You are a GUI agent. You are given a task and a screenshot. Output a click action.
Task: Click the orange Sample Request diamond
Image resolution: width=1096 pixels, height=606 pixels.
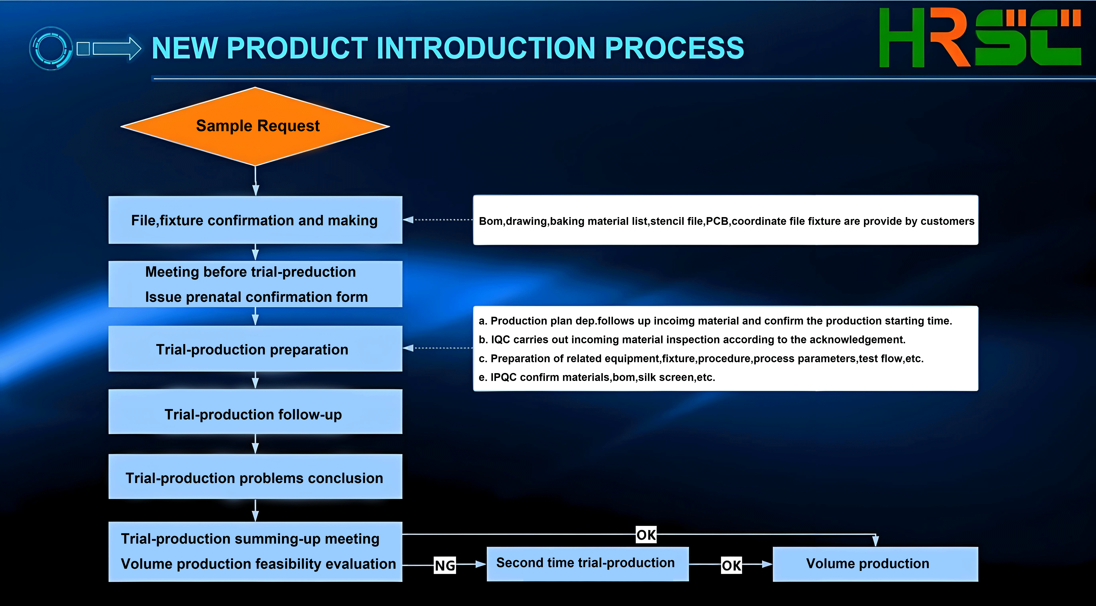pyautogui.click(x=255, y=126)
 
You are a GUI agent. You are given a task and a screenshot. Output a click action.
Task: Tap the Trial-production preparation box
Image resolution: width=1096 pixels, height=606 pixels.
pyautogui.click(x=255, y=349)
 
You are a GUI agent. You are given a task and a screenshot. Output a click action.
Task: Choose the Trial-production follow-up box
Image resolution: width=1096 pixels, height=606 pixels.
pyautogui.click(x=255, y=412)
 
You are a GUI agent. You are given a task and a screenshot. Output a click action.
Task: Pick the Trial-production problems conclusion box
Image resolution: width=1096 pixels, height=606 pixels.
pyautogui.click(x=255, y=477)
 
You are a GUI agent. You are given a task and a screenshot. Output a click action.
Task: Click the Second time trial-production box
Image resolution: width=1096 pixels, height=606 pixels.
pyautogui.click(x=588, y=564)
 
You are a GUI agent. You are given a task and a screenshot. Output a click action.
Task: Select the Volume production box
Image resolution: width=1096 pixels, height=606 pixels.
pyautogui.click(x=875, y=564)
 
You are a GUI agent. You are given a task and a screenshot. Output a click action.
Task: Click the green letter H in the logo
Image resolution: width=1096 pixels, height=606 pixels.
pyautogui.click(x=902, y=37)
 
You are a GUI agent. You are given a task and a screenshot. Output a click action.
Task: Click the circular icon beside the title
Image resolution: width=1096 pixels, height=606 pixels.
pyautogui.click(x=51, y=48)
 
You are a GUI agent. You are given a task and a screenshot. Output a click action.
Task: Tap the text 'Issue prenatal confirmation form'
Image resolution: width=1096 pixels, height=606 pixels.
pyautogui.click(x=256, y=297)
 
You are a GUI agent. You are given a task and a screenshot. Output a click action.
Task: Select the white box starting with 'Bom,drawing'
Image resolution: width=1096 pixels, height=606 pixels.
pyautogui.click(x=725, y=220)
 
